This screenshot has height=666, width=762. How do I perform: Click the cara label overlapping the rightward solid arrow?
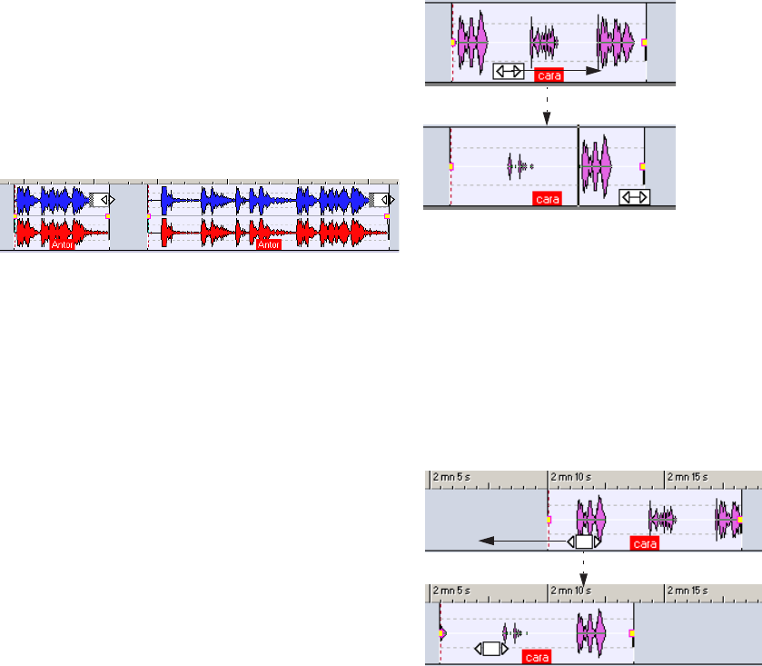click(549, 75)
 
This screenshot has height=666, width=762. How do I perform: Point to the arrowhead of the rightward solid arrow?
click(595, 70)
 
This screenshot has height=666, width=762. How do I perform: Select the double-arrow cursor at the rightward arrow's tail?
click(509, 71)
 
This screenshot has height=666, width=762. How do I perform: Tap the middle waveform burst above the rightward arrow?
click(544, 42)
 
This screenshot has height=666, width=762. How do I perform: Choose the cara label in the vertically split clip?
click(549, 200)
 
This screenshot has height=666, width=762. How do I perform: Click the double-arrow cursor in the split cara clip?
click(633, 196)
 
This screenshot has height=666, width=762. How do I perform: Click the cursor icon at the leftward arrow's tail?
click(584, 542)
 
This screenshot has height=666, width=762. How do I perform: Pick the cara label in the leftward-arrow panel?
click(644, 544)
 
